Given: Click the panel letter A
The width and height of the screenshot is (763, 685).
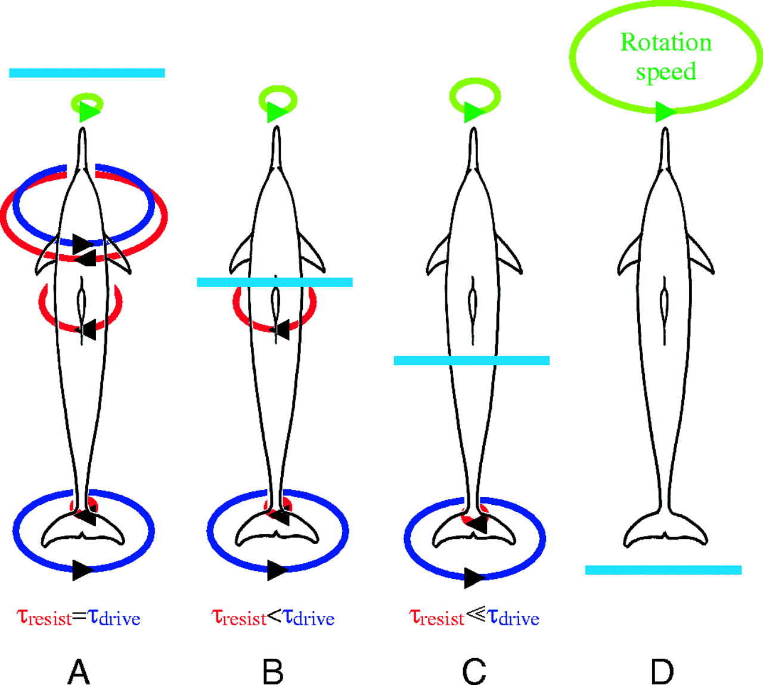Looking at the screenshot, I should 79,671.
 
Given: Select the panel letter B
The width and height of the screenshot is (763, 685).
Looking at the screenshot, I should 273,671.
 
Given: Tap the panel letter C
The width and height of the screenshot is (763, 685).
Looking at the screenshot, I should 474,671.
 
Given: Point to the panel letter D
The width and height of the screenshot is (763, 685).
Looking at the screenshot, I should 662,671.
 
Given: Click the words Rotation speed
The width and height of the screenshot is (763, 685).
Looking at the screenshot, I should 666,57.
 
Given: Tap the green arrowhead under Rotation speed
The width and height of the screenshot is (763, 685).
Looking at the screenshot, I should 665,112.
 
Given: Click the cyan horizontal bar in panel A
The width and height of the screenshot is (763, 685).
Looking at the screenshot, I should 87,73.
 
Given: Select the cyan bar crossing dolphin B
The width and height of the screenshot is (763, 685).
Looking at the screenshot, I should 275,282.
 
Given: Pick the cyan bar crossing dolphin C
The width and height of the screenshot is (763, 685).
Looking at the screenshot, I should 472,360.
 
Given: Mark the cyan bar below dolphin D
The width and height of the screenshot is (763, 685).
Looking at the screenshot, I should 663,570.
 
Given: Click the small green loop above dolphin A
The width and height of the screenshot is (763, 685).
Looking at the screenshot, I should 87,104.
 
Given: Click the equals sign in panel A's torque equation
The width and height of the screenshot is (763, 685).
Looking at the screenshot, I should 80,618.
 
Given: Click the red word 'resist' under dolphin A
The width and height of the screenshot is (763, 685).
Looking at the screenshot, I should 50,619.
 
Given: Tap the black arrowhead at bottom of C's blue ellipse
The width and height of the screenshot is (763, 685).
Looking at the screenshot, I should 474,578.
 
